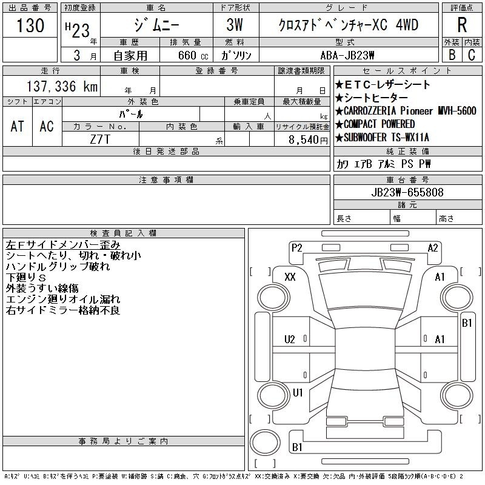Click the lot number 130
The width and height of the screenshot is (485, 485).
(x=30, y=25)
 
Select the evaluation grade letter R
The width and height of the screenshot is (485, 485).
(x=462, y=25)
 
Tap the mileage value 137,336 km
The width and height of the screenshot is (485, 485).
(x=62, y=86)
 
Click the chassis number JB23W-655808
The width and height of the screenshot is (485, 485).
(x=407, y=192)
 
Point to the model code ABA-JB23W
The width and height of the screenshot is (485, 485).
(x=347, y=55)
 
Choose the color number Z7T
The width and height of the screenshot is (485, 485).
(x=100, y=139)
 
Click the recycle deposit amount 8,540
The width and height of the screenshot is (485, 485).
(x=304, y=140)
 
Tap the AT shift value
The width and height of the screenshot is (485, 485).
(x=17, y=126)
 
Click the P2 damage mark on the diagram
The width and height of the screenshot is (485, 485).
(x=296, y=248)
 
